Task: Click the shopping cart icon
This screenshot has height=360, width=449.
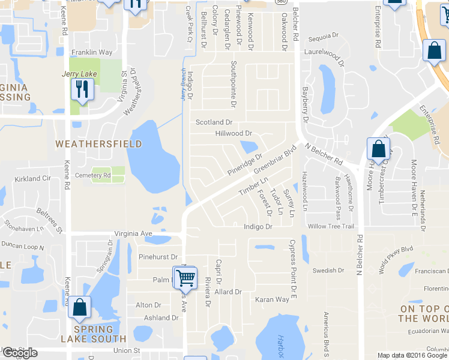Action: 185,278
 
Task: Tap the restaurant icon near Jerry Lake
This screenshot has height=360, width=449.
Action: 80,90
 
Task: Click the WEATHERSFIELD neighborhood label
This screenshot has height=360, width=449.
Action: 98,144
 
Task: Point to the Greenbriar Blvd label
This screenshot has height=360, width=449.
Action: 276,158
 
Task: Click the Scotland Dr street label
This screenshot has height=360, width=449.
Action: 214,122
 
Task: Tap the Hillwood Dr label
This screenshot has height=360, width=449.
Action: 232,133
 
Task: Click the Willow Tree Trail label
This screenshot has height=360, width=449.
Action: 331,226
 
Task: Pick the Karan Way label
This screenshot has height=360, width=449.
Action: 272,299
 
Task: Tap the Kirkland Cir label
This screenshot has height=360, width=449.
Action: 33,179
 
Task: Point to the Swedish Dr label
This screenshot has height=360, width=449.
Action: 328,271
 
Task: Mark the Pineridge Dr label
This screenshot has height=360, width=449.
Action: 245,164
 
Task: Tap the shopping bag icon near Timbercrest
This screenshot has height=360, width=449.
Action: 378,149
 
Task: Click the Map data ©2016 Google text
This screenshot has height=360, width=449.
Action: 412,355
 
